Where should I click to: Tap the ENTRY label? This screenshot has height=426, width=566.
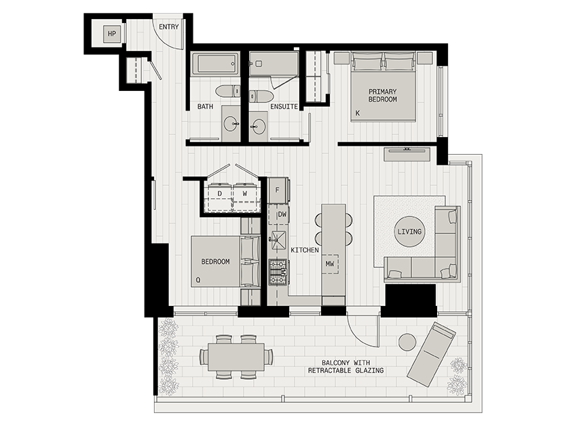pyautogui.click(x=168, y=27)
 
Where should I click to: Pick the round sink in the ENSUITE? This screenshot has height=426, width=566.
pyautogui.click(x=259, y=125)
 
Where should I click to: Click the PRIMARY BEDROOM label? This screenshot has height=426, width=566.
pyautogui.click(x=383, y=96)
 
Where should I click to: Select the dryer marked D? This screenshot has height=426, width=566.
pyautogui.click(x=220, y=193)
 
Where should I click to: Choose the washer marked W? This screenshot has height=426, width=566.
pyautogui.click(x=244, y=193)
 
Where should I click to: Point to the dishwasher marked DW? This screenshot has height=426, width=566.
pyautogui.click(x=278, y=215)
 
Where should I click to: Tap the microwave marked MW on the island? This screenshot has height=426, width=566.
pyautogui.click(x=330, y=263)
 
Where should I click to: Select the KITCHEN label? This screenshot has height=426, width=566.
pyautogui.click(x=305, y=250)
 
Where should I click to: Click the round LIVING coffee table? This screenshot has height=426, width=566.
pyautogui.click(x=409, y=231)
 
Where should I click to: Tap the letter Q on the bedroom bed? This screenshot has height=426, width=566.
pyautogui.click(x=197, y=279)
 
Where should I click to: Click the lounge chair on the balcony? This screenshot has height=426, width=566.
pyautogui.click(x=432, y=353)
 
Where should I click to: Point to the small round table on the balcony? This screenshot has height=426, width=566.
pyautogui.click(x=407, y=343)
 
